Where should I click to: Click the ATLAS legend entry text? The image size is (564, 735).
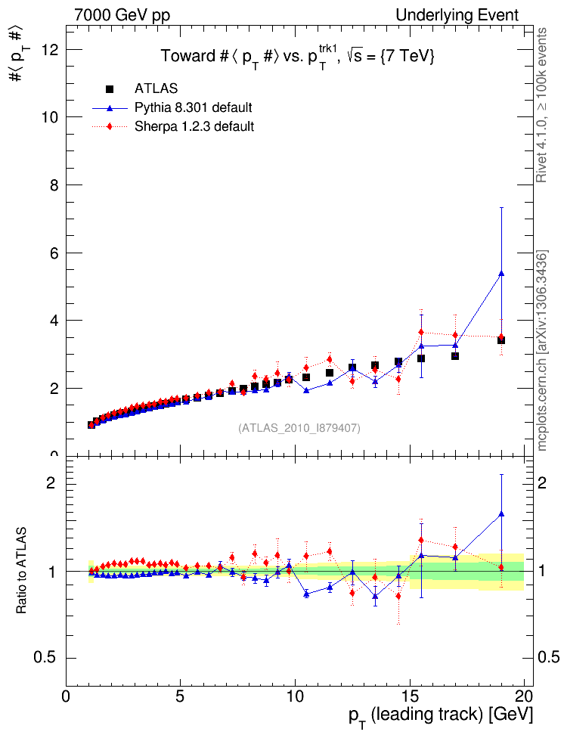tap(156, 89)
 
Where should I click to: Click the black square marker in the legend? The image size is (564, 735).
tap(110, 89)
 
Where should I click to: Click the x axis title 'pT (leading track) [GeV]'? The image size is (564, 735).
tap(440, 715)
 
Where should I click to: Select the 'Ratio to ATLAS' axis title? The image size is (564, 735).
tap(23, 570)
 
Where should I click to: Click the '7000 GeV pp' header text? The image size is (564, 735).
tap(117, 15)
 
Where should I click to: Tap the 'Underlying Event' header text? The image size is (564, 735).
tap(457, 15)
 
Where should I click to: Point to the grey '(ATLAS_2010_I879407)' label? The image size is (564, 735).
tap(299, 428)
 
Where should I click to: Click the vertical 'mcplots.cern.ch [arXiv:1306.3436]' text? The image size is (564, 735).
tap(542, 349)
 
